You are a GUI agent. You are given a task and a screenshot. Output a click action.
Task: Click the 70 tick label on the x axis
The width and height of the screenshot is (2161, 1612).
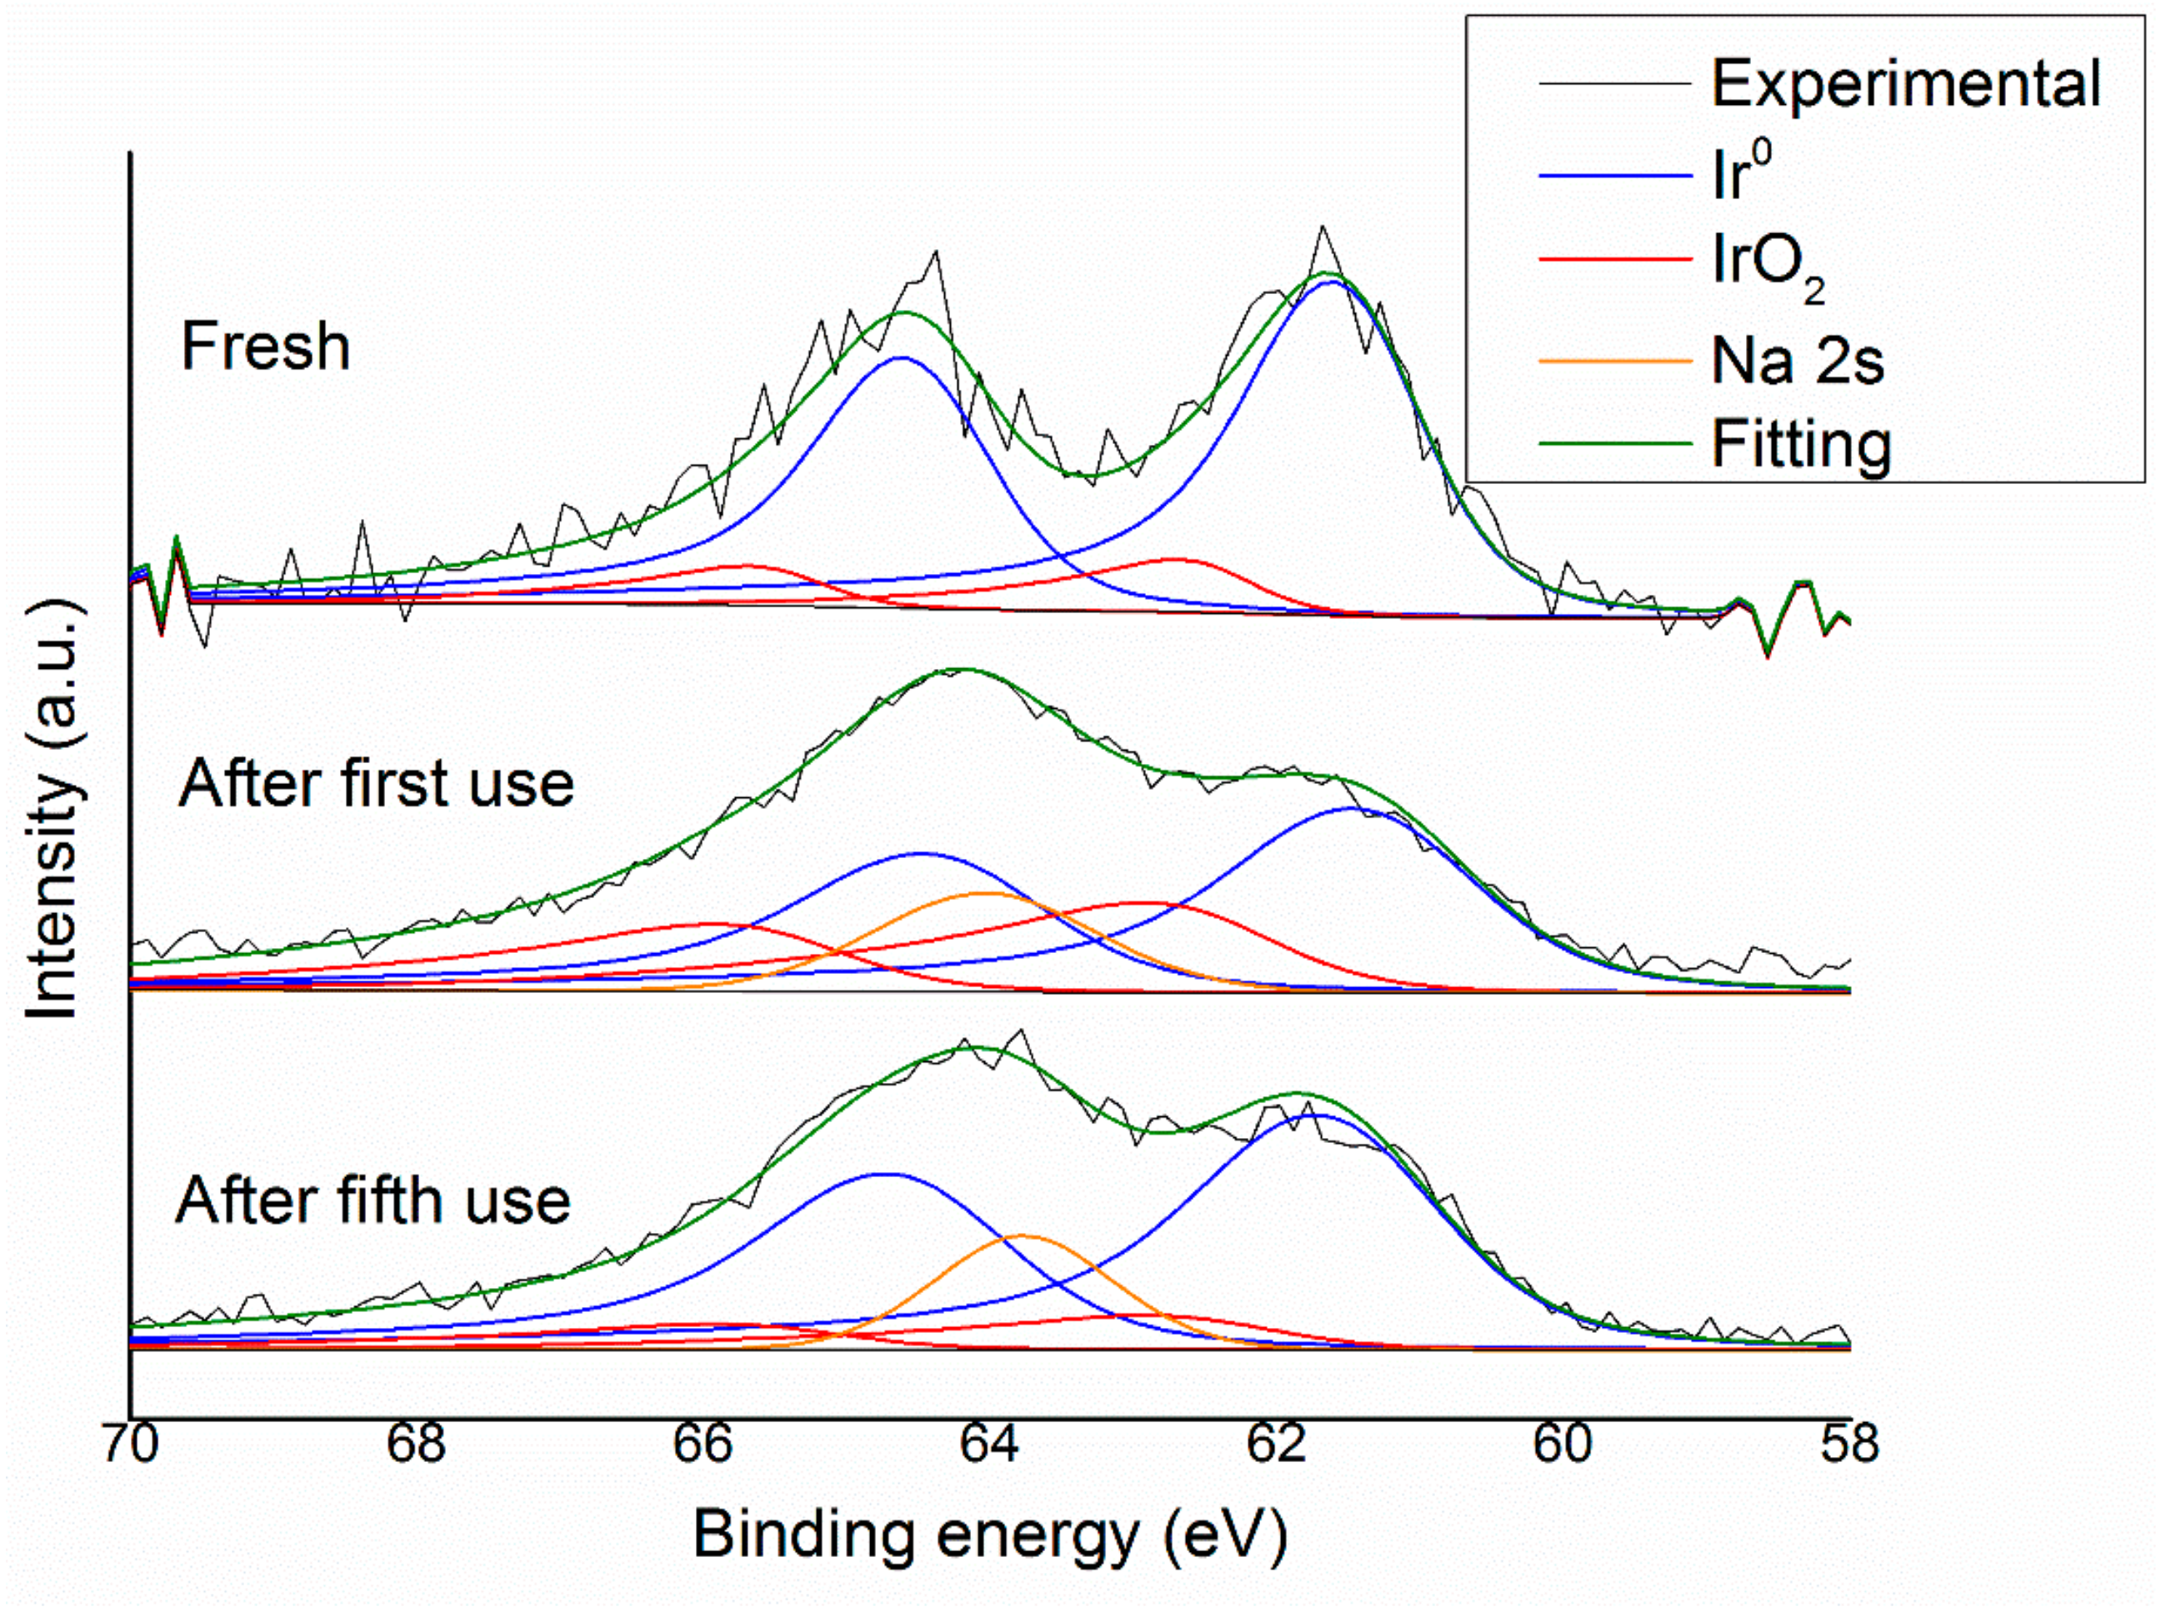tap(130, 1445)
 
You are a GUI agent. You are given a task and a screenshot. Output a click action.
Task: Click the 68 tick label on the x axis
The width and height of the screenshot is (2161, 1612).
tap(417, 1445)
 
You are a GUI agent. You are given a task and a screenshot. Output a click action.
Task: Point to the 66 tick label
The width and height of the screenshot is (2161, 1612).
tap(703, 1445)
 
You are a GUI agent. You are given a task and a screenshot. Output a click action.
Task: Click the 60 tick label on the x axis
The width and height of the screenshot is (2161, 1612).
tap(1563, 1445)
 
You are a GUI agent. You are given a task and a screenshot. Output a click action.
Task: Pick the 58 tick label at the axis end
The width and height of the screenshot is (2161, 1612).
tap(1848, 1445)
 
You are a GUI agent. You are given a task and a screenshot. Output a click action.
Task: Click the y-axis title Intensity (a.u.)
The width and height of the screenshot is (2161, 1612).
tap(53, 810)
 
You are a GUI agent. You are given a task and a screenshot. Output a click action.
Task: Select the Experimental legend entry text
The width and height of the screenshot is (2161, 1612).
tap(1905, 84)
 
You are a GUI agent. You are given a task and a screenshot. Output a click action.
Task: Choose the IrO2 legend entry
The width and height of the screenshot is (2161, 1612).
tap(1767, 264)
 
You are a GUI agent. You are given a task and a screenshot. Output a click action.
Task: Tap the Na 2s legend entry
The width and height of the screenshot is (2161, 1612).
tap(1797, 360)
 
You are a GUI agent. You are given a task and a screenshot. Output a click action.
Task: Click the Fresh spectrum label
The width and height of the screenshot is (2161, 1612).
tap(266, 347)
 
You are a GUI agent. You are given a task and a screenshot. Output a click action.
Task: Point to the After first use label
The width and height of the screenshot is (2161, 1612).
tap(376, 784)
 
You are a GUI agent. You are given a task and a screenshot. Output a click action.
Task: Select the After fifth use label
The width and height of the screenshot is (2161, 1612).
tap(373, 1201)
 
